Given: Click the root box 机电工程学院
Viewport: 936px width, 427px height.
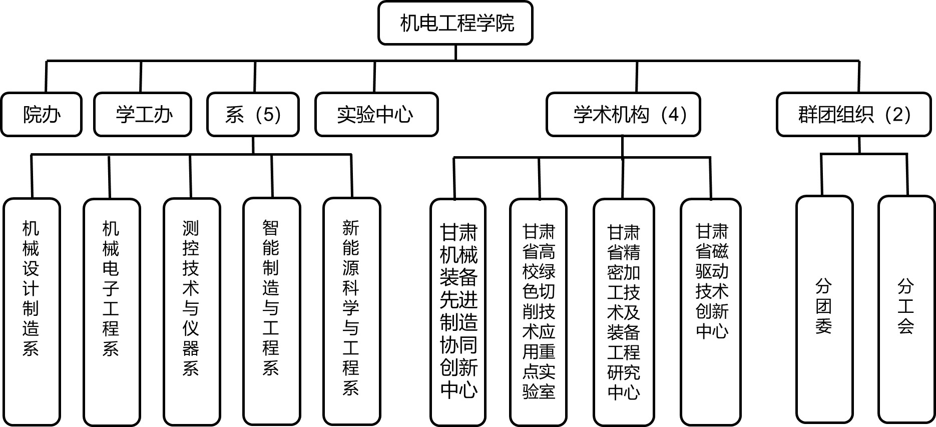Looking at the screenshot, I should (x=455, y=23).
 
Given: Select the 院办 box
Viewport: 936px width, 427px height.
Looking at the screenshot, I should (x=41, y=115).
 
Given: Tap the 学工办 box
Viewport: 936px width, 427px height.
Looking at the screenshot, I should (x=143, y=115).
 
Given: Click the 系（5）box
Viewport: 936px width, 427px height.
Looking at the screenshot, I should (x=253, y=115).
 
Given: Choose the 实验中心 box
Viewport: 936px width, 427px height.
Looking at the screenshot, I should (x=376, y=115).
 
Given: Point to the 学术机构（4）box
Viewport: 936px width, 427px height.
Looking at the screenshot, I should (x=623, y=115).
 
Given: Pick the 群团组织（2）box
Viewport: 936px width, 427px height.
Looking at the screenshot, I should (x=853, y=115).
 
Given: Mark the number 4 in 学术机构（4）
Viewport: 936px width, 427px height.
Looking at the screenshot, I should (x=673, y=115).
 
